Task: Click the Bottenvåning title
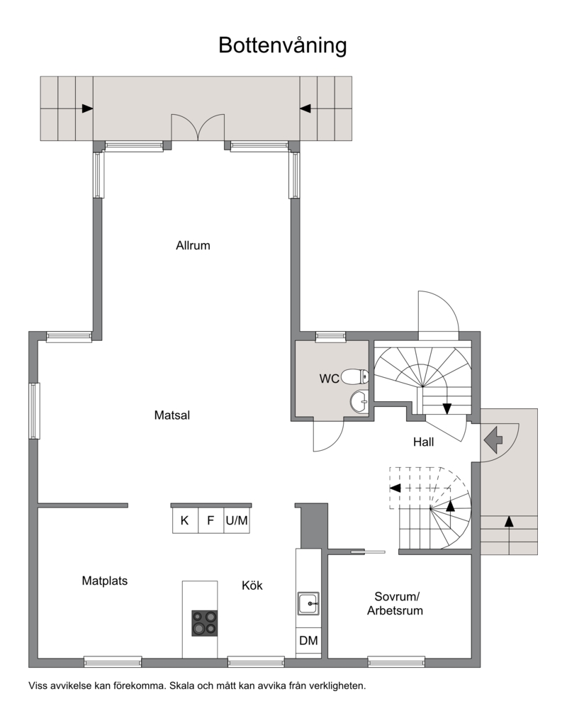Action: [282, 46]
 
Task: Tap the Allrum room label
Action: [193, 245]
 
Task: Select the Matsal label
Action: [172, 415]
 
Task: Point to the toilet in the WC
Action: [355, 376]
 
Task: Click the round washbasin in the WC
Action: [359, 401]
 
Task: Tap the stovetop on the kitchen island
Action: [205, 622]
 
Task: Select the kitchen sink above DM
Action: [308, 603]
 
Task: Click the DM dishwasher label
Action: [308, 641]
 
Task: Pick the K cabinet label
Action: [184, 520]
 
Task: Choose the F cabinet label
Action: [210, 520]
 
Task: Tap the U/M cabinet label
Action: [237, 520]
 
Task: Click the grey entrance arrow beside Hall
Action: [493, 439]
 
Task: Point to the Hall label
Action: [424, 442]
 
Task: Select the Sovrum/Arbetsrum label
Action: [395, 603]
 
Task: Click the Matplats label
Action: [104, 581]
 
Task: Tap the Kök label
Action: [252, 586]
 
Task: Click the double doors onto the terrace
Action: [198, 127]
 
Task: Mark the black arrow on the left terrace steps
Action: [87, 108]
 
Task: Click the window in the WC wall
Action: [331, 337]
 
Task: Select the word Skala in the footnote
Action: [181, 685]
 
